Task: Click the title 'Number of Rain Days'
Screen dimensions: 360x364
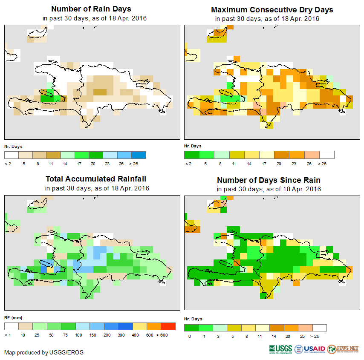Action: click(91, 9)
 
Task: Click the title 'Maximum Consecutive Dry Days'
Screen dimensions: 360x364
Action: click(272, 9)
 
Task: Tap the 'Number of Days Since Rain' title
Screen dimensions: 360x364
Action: click(269, 180)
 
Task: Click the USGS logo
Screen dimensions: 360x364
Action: click(280, 349)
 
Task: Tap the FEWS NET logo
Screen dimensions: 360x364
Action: click(344, 349)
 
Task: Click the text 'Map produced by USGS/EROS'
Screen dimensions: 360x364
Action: click(44, 352)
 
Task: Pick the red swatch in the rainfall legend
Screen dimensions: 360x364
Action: click(168, 326)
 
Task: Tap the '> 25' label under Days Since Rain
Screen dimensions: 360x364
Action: click(320, 337)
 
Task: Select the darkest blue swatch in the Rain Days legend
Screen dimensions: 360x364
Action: click(138, 155)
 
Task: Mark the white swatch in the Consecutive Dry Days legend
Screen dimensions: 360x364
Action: click(327, 155)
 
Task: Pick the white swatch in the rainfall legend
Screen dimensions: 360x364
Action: click(12, 326)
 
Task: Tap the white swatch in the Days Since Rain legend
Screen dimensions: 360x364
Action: click(320, 328)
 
